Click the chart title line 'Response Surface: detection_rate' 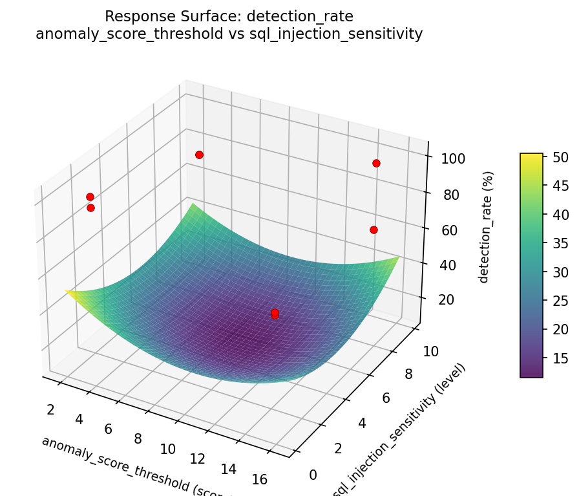pos(229,16)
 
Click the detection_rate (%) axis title pos(489,227)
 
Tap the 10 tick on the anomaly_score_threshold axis pos(167,448)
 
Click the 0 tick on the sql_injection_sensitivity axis pos(313,475)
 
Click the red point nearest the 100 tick pos(376,163)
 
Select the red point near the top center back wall pos(199,155)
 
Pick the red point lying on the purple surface pos(275,313)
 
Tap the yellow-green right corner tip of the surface pos(398,257)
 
